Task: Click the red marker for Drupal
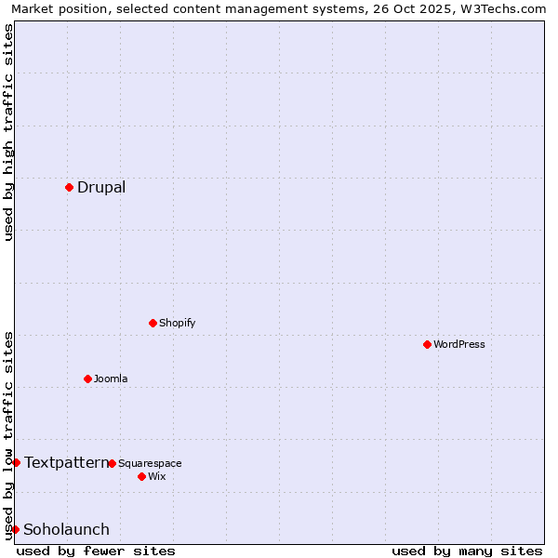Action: click(69, 187)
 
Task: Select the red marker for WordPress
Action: click(427, 344)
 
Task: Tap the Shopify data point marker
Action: click(153, 323)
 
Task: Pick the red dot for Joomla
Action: click(87, 379)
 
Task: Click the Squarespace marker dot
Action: click(112, 463)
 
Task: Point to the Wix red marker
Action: click(141, 476)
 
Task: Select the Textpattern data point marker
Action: click(16, 462)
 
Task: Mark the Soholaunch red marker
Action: click(15, 529)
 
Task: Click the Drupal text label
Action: click(101, 187)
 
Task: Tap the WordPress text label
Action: click(459, 344)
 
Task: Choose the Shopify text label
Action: click(178, 323)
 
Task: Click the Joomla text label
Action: click(111, 379)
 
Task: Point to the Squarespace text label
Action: click(150, 463)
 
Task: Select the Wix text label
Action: click(157, 476)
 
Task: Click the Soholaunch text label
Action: click(66, 529)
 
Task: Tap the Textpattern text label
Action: click(66, 462)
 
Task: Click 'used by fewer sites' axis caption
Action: click(96, 551)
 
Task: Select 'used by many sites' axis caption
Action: click(467, 551)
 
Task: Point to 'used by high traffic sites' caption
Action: click(8, 132)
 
